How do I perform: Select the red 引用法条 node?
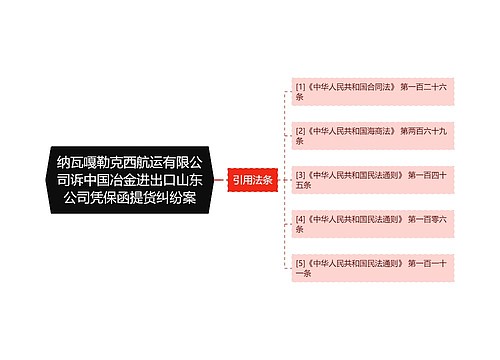[x=251, y=180]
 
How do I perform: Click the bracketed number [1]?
[x=299, y=87]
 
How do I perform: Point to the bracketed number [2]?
[x=299, y=131]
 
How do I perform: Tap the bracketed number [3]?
[x=299, y=175]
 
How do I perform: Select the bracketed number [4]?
[x=299, y=219]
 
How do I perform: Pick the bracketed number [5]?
[x=299, y=263]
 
